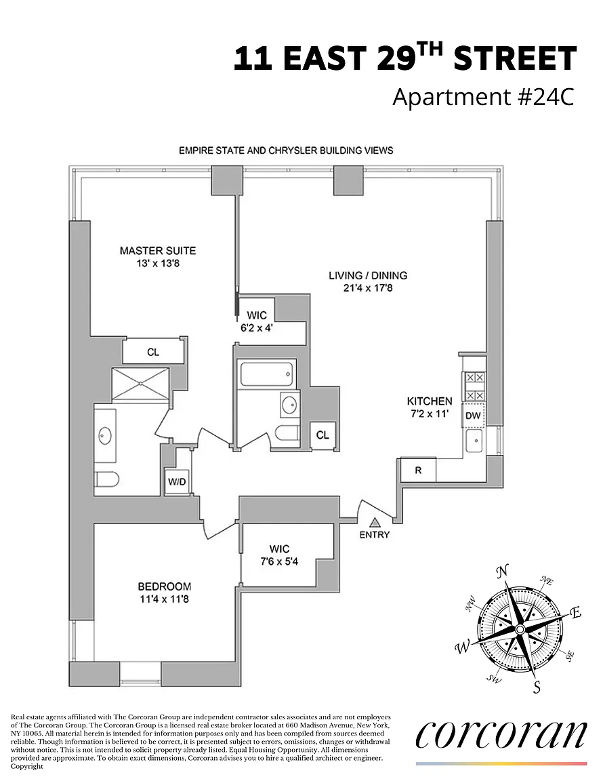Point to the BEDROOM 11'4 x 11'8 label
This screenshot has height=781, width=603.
165,593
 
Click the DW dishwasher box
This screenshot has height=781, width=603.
473,415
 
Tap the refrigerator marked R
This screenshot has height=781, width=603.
418,470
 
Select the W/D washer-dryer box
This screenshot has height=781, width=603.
177,481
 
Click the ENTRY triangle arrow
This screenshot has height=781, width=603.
375,523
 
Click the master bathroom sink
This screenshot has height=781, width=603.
105,435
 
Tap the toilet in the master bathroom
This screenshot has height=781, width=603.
106,480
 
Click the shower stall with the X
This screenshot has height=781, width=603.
141,384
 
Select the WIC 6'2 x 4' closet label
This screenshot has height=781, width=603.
257,321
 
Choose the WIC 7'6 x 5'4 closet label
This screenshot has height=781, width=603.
279,555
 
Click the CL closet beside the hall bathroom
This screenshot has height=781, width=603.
323,435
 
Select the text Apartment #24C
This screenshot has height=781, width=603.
484,97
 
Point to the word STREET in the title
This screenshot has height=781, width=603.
515,58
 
